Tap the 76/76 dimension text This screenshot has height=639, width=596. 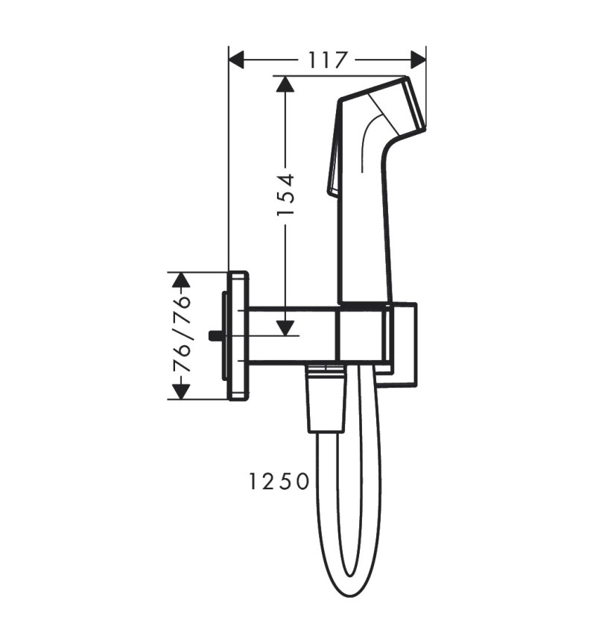(x=181, y=336)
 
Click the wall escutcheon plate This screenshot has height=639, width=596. (x=239, y=336)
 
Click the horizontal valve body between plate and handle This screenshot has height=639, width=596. (x=291, y=336)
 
